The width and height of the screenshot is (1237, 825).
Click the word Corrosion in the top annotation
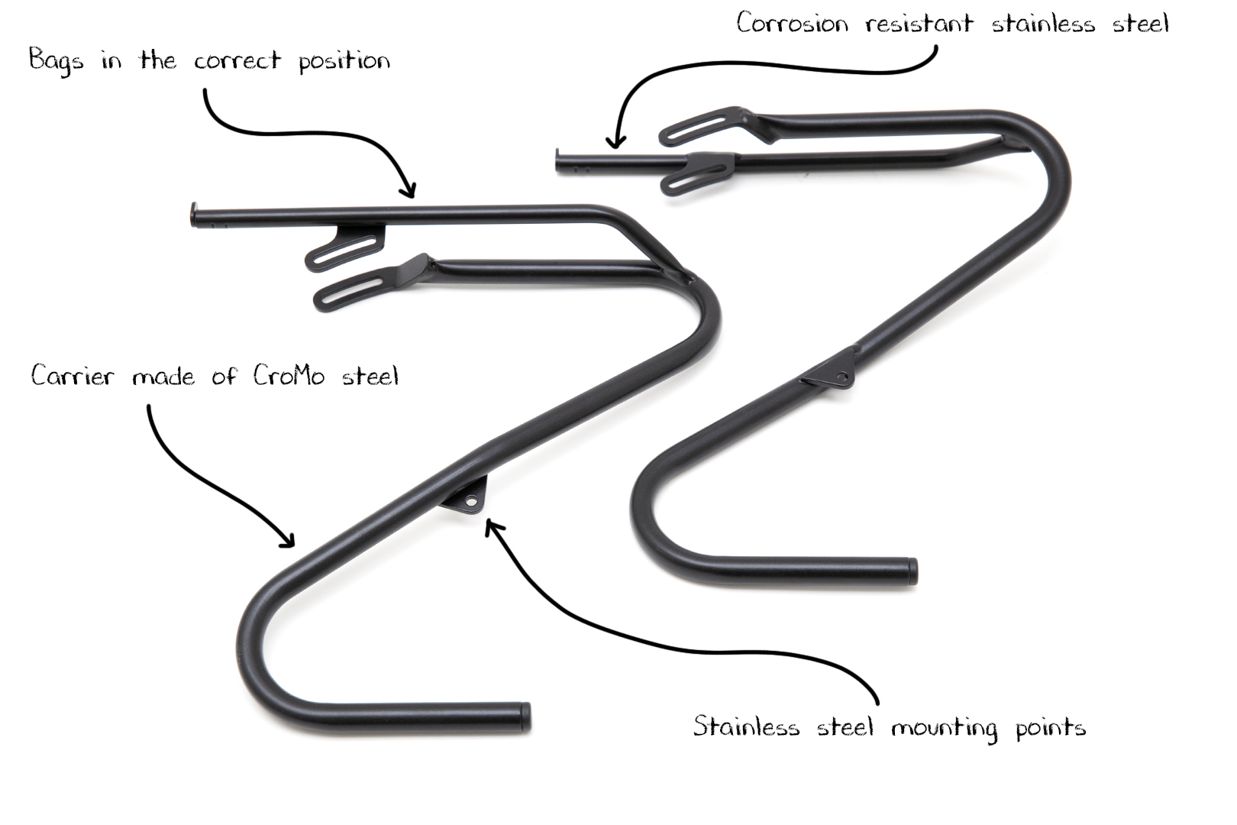[x=792, y=23]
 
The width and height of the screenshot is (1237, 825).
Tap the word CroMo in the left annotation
[x=289, y=377]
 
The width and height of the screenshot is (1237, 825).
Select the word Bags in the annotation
[x=57, y=60]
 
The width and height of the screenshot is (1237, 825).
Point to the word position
[x=344, y=61]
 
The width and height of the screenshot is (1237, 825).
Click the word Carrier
[x=73, y=376]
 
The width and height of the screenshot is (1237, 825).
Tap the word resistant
[x=919, y=23]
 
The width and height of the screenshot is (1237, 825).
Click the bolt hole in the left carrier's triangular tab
[x=470, y=501]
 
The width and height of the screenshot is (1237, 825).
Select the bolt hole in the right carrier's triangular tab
[x=841, y=377]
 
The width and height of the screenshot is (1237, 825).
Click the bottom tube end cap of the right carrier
[x=912, y=571]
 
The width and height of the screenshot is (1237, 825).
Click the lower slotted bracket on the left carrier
[x=364, y=285]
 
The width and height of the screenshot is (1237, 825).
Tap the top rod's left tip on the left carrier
[x=193, y=215]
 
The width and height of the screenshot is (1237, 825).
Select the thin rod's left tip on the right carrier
[x=557, y=160]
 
